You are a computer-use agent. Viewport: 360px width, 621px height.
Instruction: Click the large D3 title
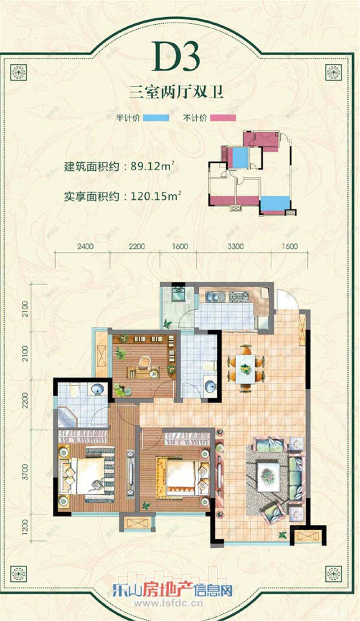[176, 58]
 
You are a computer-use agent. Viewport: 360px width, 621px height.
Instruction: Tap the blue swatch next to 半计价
[157, 118]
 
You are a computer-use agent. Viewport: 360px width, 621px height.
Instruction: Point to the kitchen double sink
[215, 297]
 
